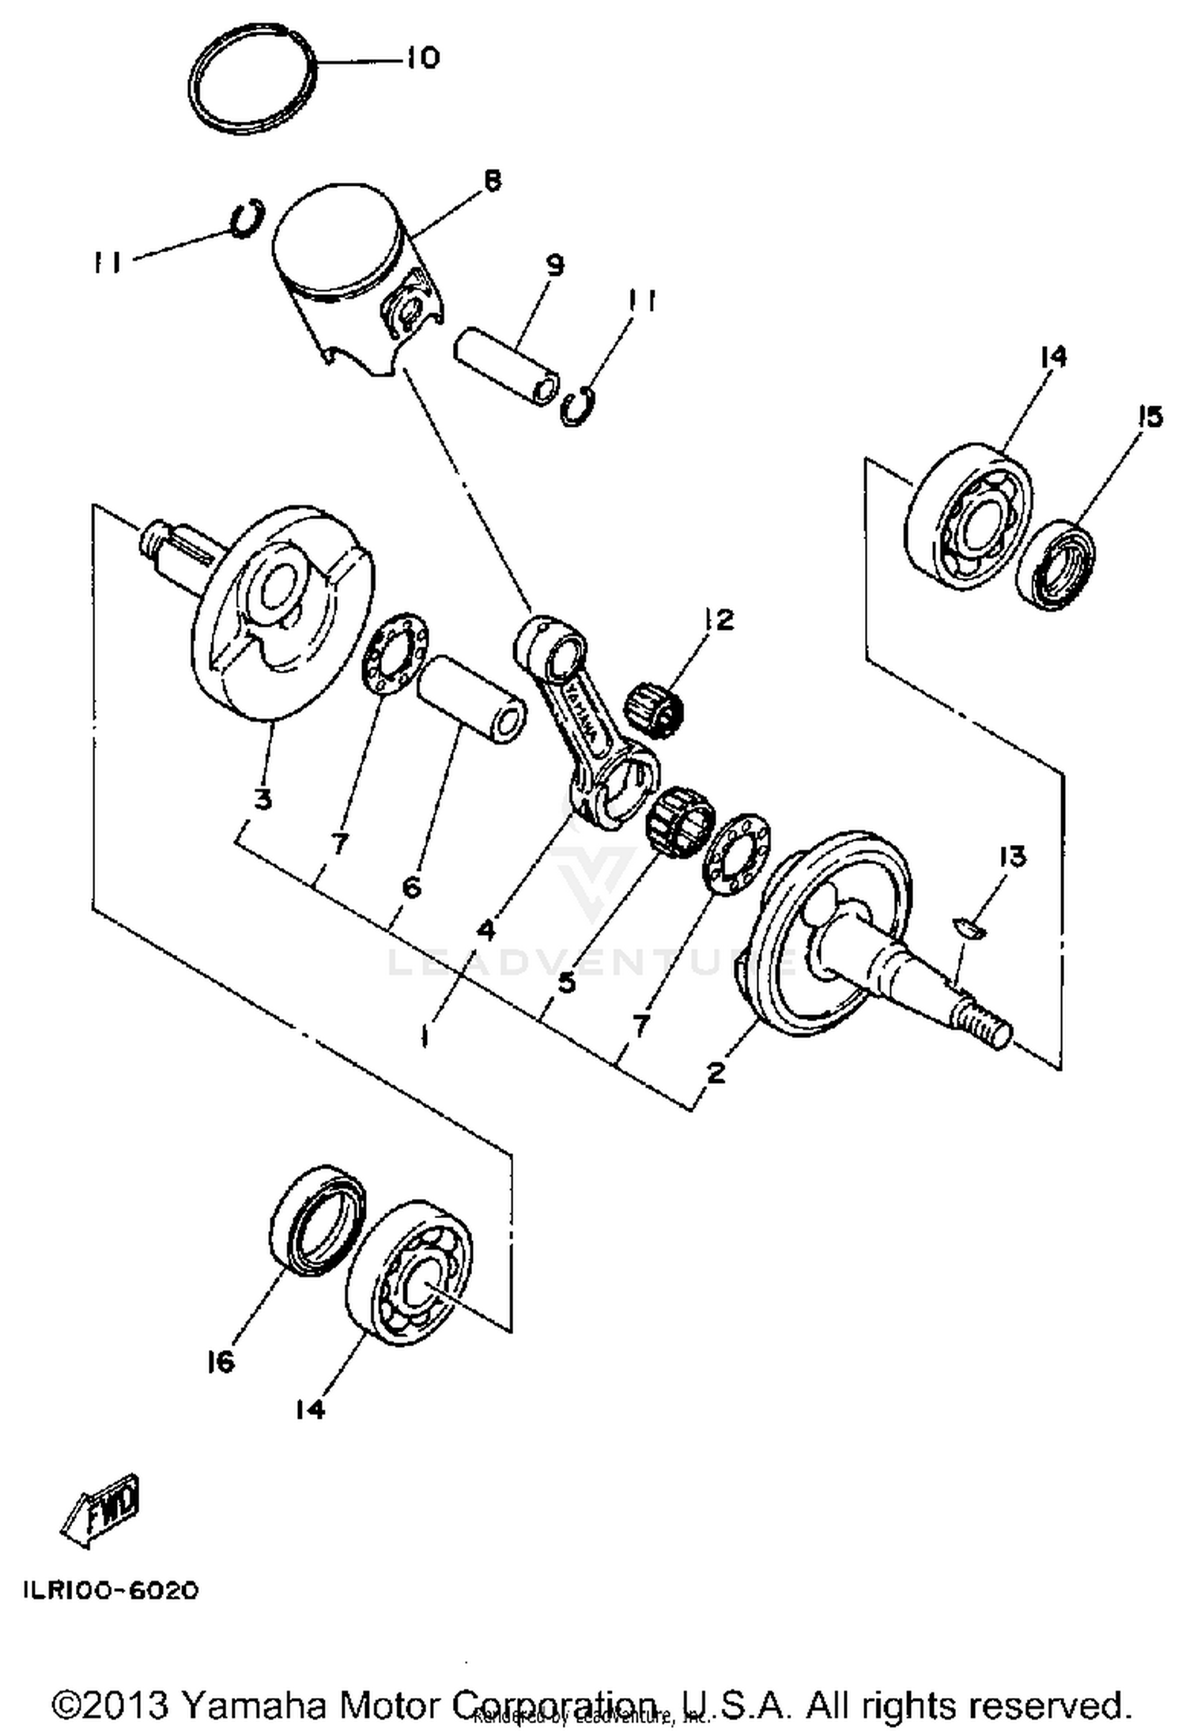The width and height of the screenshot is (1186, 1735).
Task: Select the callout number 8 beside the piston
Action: click(492, 181)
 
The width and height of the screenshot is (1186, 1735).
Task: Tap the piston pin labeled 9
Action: click(507, 360)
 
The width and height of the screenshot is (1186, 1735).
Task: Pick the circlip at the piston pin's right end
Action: click(578, 406)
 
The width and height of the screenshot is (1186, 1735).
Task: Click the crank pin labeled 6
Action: click(471, 699)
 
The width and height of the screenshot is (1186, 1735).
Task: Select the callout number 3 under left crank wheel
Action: click(263, 798)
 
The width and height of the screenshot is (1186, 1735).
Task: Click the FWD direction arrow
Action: click(101, 1512)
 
